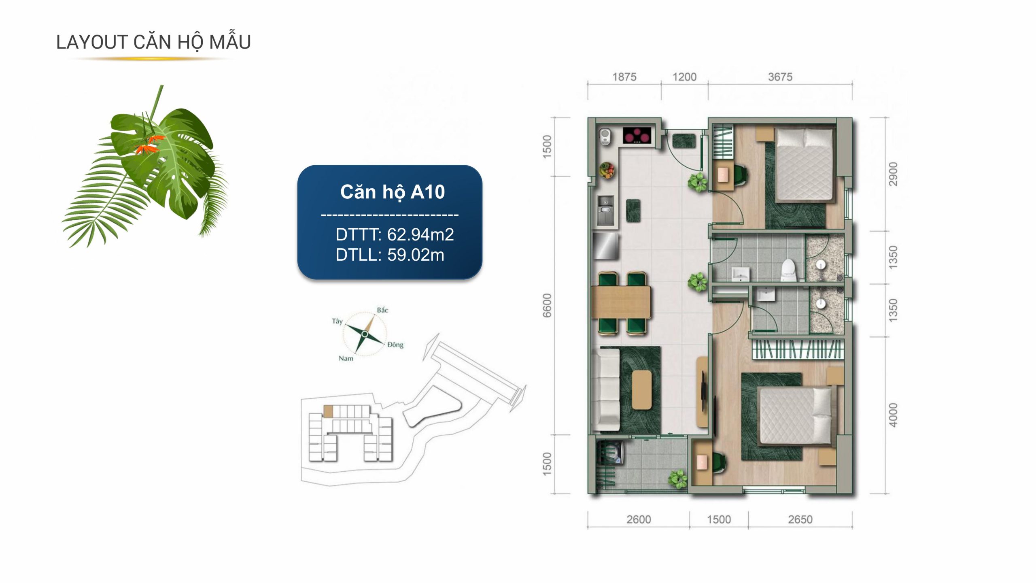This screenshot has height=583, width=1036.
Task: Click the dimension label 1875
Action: coord(624,77)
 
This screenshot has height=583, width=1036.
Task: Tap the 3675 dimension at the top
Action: coord(780,77)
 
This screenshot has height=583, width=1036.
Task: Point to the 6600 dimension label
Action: coord(547,306)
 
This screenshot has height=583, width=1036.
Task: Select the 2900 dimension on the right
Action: coord(893,174)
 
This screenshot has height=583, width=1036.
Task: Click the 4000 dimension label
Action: coord(893,415)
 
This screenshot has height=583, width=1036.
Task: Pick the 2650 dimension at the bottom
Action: coord(800,519)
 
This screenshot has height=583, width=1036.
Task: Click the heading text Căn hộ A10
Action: coord(393,192)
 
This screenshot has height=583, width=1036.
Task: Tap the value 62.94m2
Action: coord(420,234)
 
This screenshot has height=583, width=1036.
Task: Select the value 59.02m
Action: coord(416,255)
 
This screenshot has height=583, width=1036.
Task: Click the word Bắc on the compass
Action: coord(382,310)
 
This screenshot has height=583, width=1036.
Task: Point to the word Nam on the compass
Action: coord(346,358)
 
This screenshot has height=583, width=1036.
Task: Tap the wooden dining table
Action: coord(621,302)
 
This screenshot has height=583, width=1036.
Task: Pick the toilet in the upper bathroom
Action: coord(788,270)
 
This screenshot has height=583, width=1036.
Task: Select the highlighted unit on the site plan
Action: coord(328,411)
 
